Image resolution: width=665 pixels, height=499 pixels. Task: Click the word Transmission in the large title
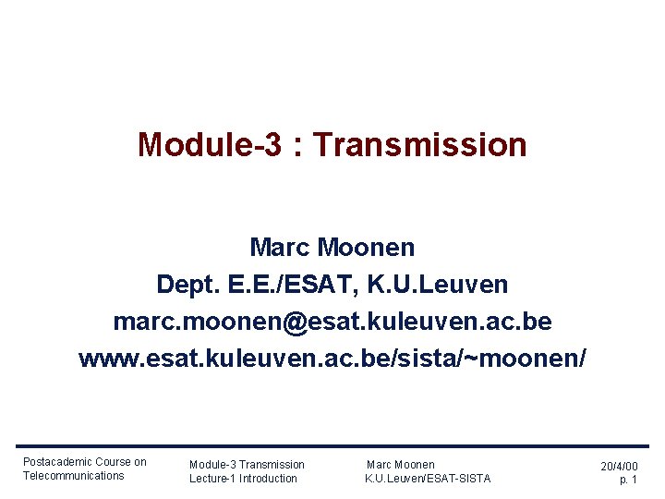(x=427, y=145)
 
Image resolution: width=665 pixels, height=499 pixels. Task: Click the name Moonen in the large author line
(x=366, y=248)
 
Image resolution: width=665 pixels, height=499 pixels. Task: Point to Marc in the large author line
(x=280, y=248)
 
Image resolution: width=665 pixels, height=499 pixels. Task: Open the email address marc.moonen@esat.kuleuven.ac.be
(x=332, y=322)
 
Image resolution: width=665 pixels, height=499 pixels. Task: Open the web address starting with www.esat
(x=332, y=358)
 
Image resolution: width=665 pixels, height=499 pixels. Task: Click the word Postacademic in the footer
(x=57, y=462)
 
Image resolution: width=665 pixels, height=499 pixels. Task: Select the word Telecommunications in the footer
(x=73, y=476)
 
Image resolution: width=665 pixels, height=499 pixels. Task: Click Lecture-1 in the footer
(x=213, y=479)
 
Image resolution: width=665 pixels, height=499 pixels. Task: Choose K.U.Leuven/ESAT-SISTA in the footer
(x=428, y=479)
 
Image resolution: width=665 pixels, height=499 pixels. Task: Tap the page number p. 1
(x=628, y=481)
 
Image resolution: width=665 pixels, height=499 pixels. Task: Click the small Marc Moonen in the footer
(x=401, y=465)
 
